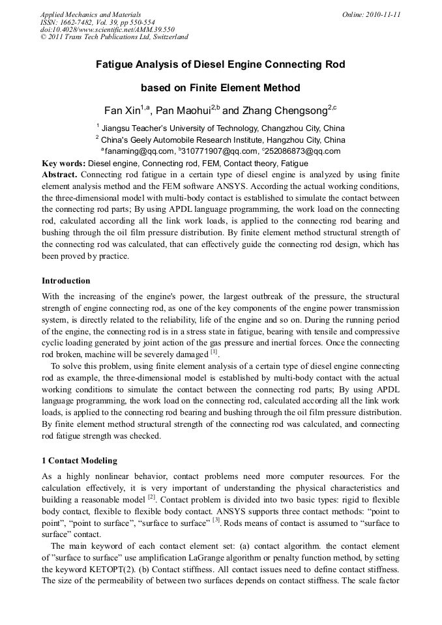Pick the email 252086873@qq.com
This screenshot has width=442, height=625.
(302, 151)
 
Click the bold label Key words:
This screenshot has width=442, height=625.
(63, 163)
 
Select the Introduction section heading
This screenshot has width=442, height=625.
(66, 281)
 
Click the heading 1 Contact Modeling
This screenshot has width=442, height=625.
(80, 461)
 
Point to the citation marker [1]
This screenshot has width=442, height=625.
(214, 352)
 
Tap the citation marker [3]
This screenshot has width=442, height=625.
(216, 520)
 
